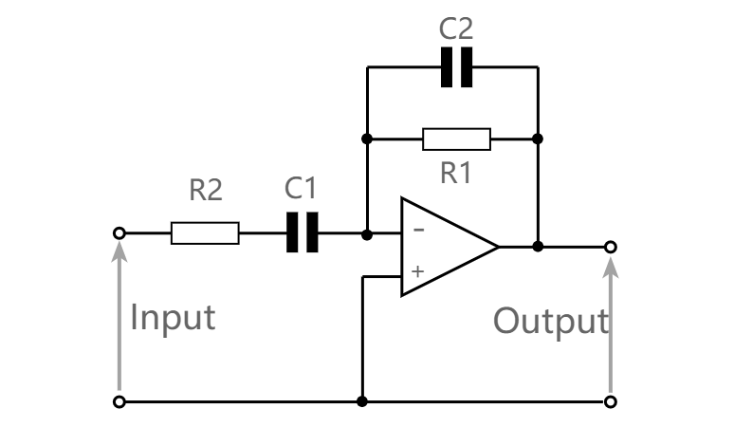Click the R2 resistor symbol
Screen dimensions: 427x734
(x=205, y=232)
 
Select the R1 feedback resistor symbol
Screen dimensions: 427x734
(x=456, y=139)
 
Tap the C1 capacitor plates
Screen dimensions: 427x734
(x=303, y=232)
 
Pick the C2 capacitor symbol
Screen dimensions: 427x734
(x=456, y=67)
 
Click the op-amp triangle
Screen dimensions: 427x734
(x=444, y=247)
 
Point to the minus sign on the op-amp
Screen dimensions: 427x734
(x=418, y=230)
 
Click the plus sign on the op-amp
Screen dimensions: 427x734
(x=418, y=270)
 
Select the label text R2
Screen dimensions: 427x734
(x=205, y=191)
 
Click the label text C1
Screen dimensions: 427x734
(x=301, y=189)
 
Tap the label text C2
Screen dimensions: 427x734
(x=456, y=29)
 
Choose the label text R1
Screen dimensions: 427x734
(x=457, y=173)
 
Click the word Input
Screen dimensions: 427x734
(x=173, y=317)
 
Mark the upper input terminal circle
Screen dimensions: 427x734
(x=119, y=232)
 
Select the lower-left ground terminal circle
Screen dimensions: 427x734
(x=119, y=401)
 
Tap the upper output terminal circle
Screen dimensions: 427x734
(x=611, y=247)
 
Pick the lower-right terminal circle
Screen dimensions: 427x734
(x=611, y=401)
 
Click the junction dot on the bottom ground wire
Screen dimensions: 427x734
(x=361, y=401)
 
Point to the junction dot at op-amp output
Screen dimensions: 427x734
(x=538, y=247)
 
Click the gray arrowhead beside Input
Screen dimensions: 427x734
(x=119, y=251)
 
